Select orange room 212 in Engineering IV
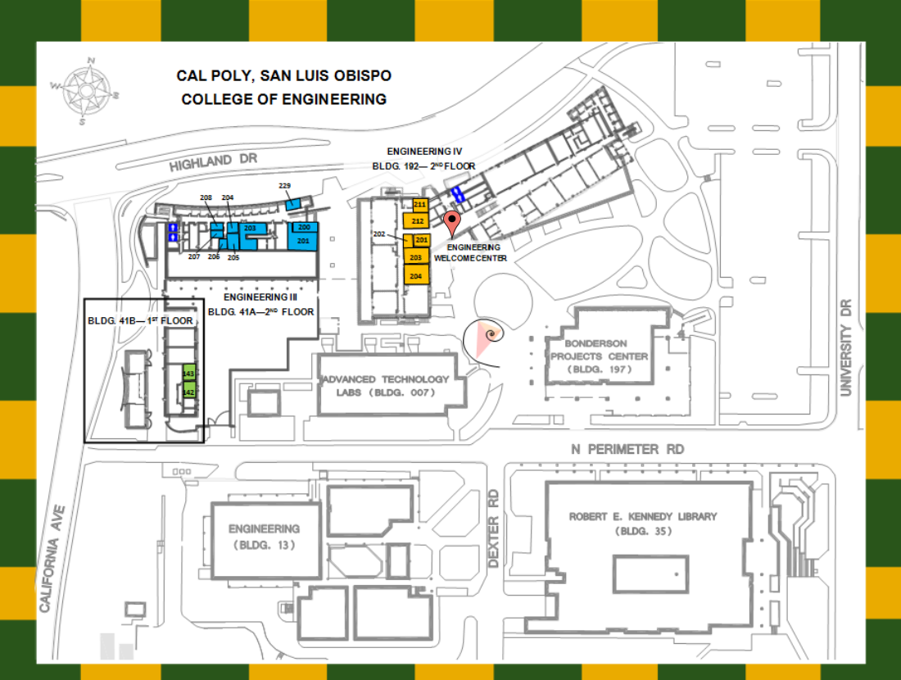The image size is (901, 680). [417, 220]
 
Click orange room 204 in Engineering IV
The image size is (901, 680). [416, 276]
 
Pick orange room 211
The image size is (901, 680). [419, 204]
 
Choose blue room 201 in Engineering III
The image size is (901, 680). [303, 241]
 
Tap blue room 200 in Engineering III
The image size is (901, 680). [303, 227]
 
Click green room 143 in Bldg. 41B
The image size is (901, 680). [188, 374]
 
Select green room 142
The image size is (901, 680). [188, 392]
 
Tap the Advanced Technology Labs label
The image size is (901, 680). [386, 385]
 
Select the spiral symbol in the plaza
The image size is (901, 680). [489, 335]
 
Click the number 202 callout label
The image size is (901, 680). [379, 234]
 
